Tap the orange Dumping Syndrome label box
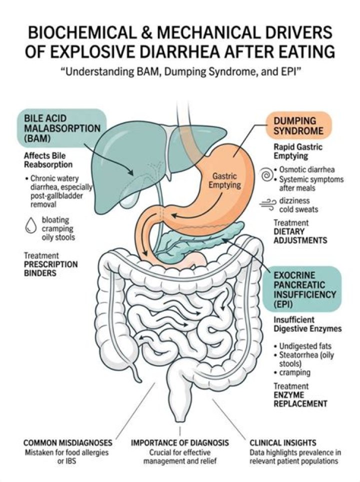pyautogui.click(x=298, y=126)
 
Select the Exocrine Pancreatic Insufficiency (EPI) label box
pyautogui.click(x=302, y=289)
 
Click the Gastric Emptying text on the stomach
pyautogui.click(x=225, y=180)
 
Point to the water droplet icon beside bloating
pyautogui.click(x=30, y=226)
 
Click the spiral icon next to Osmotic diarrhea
pyautogui.click(x=267, y=175)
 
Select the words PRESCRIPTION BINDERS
pyautogui.click(x=51, y=269)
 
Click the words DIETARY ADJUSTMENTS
pyautogui.click(x=300, y=236)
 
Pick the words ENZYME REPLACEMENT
pyautogui.click(x=300, y=399)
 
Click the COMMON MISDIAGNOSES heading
pyautogui.click(x=67, y=443)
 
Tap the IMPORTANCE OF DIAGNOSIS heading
pyautogui.click(x=180, y=443)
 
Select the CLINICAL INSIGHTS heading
pyautogui.click(x=283, y=443)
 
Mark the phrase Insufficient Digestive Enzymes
pyautogui.click(x=307, y=324)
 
